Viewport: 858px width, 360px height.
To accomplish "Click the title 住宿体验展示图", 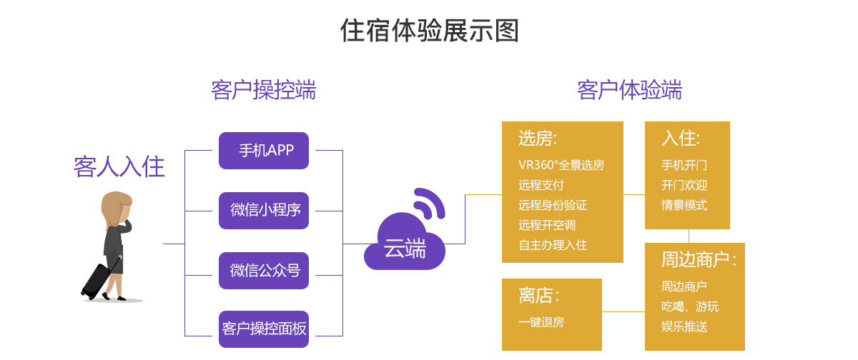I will [x=429, y=31].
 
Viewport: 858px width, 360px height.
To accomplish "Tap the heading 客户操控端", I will [x=263, y=91].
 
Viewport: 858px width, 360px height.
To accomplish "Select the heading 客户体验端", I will [x=629, y=91].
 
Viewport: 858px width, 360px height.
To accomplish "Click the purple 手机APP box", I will [x=264, y=151].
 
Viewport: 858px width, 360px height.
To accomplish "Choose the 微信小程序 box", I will [x=264, y=211].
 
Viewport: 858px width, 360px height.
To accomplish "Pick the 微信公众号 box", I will [x=264, y=271].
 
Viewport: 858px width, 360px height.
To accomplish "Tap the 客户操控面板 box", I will [x=264, y=329].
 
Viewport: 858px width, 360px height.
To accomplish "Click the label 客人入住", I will [x=119, y=167].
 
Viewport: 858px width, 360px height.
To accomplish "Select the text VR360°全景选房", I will [x=561, y=165].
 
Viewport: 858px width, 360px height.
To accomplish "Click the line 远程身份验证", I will [x=553, y=205].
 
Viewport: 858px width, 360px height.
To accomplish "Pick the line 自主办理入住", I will [x=553, y=245].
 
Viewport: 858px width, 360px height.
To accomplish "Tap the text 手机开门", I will [x=684, y=165].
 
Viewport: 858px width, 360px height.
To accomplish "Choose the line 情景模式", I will [x=684, y=205].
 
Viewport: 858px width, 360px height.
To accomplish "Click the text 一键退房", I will [x=541, y=322].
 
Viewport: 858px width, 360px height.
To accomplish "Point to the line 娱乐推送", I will [x=684, y=326].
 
